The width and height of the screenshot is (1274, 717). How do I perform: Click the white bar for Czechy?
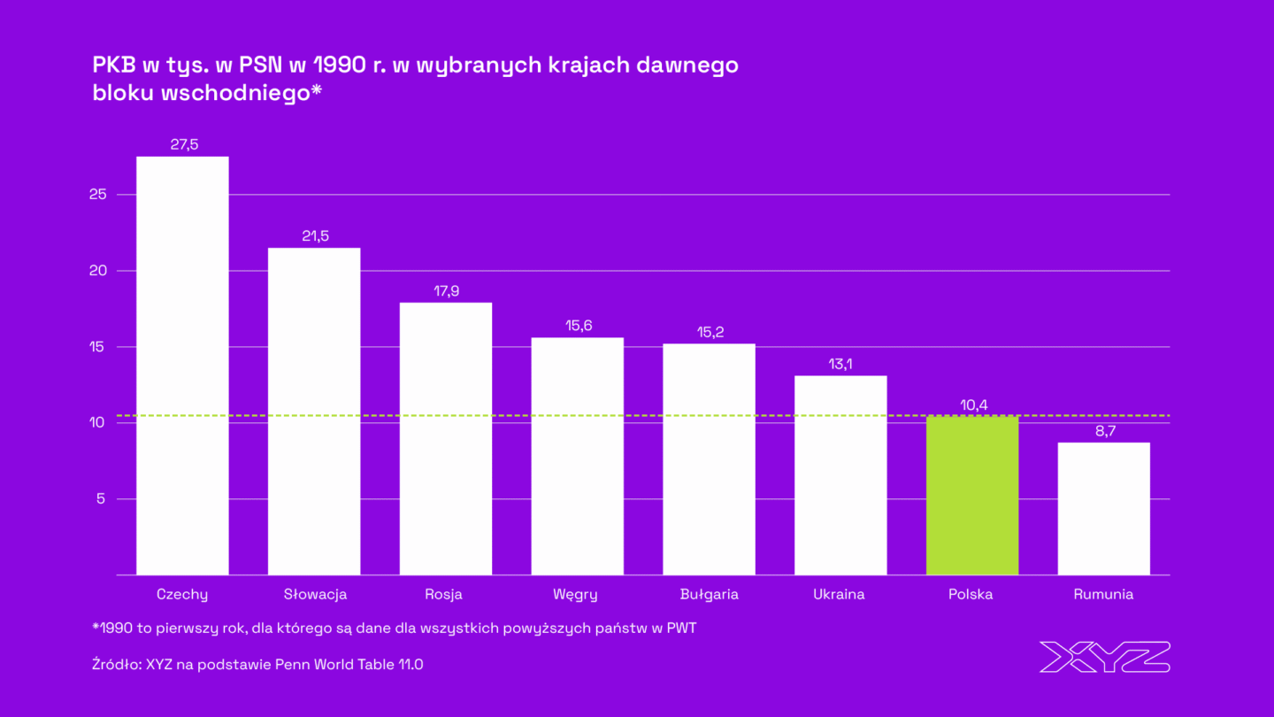coord(182,366)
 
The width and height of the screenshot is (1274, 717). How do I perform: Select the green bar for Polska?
coord(972,496)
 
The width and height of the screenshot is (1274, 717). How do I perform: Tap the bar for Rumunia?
coord(1103,509)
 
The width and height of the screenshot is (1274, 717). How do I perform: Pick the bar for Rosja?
coord(446,439)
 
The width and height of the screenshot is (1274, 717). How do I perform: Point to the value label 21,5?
coord(314,237)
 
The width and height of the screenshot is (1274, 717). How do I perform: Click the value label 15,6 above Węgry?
coord(578,326)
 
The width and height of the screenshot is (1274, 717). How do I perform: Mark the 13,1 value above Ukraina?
coord(840,364)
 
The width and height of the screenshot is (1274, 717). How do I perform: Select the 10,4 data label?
coord(972,405)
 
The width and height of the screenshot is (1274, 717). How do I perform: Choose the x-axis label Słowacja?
coord(315,594)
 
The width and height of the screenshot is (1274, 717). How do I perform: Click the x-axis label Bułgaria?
coord(709,594)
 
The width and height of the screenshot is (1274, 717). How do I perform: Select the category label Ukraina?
coord(839,594)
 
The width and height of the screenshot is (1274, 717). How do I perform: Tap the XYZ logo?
coord(1104,657)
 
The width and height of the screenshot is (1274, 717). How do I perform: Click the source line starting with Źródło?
coord(257,664)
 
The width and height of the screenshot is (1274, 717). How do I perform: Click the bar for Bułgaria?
coord(709,459)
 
